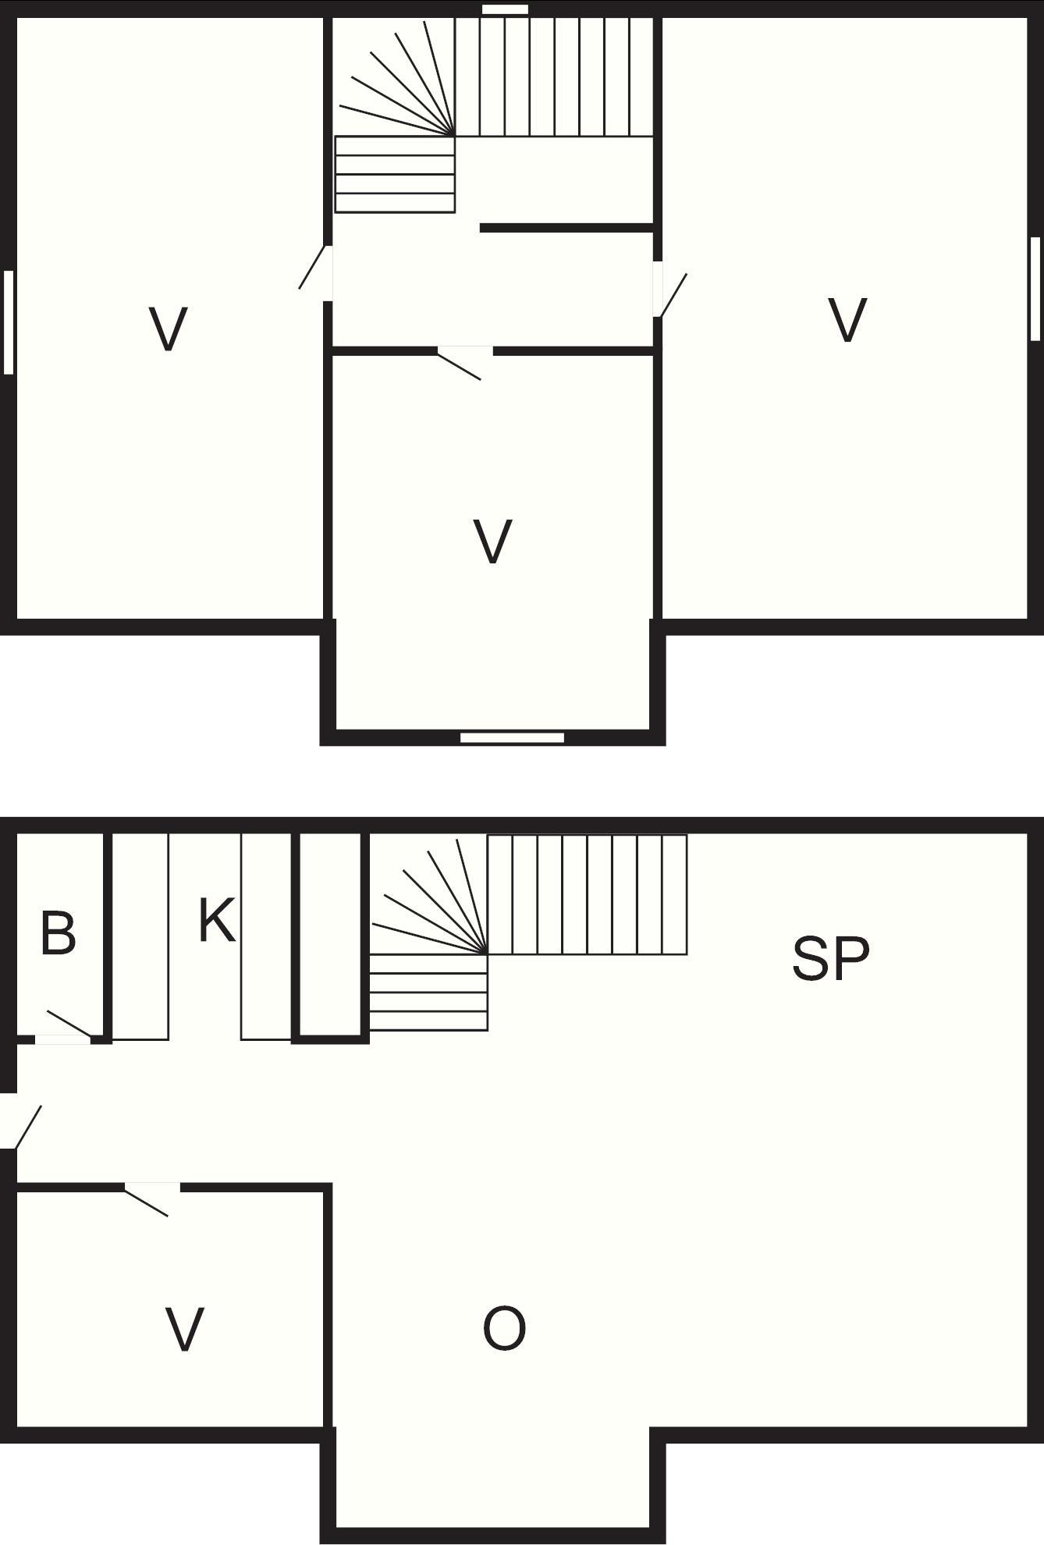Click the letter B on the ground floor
click(59, 932)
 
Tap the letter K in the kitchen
click(216, 920)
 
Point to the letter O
click(504, 1329)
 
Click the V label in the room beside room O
click(185, 1330)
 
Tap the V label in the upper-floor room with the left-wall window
click(168, 329)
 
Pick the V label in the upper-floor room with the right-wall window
click(847, 320)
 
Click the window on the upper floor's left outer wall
click(9, 322)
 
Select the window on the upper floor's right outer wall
click(1035, 289)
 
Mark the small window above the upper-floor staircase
click(505, 9)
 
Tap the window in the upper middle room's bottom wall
click(512, 737)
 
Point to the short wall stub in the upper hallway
click(566, 228)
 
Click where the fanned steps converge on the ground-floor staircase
click(488, 954)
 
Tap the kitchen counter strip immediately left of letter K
click(140, 936)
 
